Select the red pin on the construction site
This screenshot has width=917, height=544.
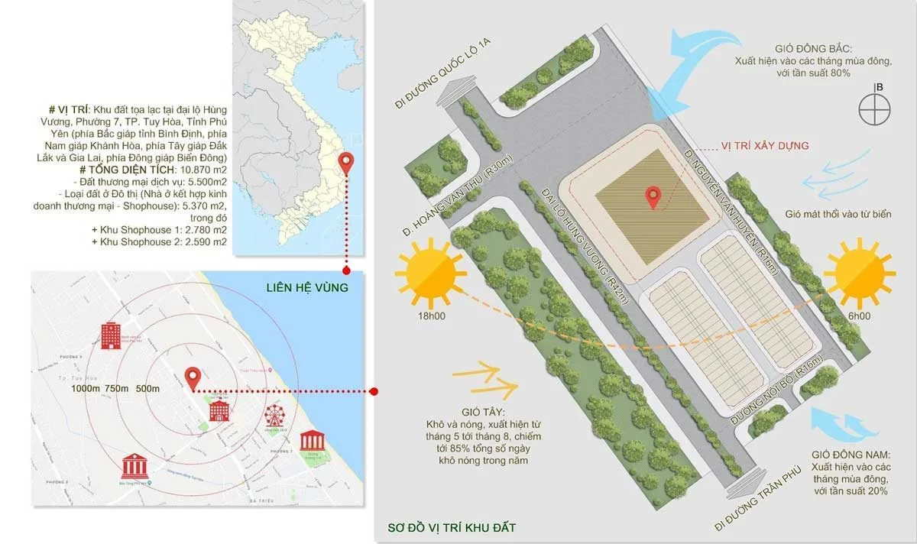(x=653, y=197)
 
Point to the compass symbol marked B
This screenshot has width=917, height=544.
(x=876, y=109)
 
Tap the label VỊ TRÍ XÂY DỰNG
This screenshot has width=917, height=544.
(x=765, y=145)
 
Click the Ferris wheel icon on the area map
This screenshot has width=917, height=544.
(x=274, y=416)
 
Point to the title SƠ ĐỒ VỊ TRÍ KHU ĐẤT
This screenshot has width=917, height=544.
(x=452, y=527)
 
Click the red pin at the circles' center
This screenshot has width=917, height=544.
(x=193, y=377)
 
